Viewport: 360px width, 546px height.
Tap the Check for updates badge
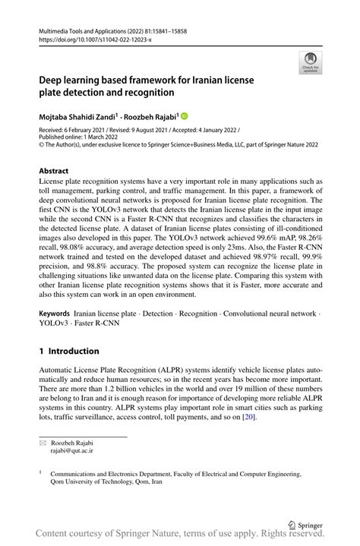point(310,64)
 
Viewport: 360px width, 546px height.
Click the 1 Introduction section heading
point(69,351)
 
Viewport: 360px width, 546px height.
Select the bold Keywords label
point(55,313)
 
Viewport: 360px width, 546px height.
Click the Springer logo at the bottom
point(307,522)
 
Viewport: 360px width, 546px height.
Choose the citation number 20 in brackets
point(249,416)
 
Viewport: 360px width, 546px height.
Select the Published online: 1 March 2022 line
point(80,138)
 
